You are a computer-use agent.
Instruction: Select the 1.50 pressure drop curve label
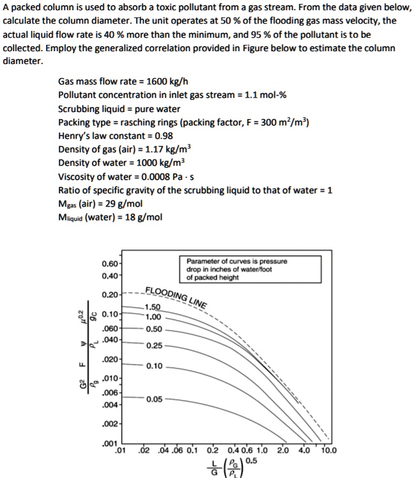(153, 307)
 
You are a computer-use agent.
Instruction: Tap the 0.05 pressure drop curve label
(153, 399)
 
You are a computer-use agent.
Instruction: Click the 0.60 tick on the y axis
(109, 263)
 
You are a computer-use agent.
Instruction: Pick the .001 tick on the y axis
(109, 443)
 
